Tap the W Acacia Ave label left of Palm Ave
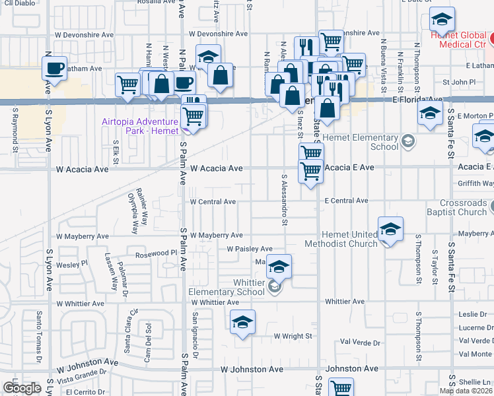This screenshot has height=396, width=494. coord(82,170)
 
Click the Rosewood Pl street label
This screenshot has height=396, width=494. coord(157,253)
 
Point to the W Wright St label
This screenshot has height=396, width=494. coord(293,337)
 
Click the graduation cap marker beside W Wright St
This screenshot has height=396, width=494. coord(242,322)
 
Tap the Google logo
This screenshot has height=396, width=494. coord(22,388)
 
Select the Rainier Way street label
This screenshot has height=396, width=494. coord(140,203)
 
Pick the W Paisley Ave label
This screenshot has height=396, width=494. coord(250,249)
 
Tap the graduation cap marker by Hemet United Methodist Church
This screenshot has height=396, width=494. coord(390,230)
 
